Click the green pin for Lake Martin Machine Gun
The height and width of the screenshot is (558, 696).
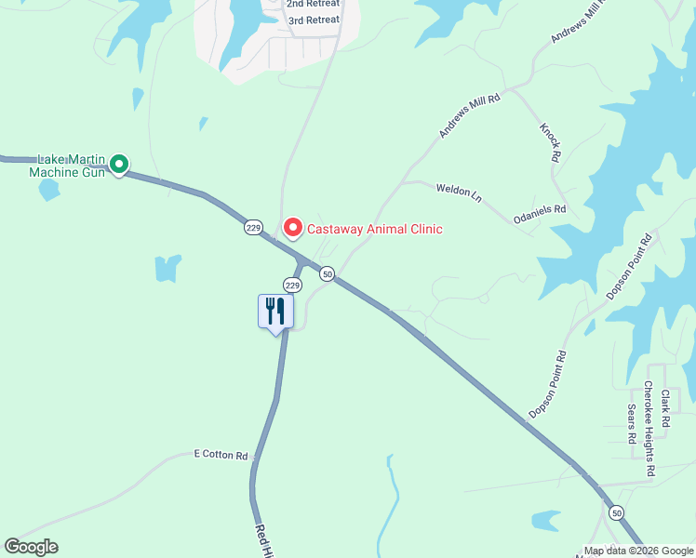118,165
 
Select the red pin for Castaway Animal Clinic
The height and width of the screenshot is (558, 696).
292,228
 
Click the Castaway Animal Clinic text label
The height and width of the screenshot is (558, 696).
374,229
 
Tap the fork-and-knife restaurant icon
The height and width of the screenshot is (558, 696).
275,311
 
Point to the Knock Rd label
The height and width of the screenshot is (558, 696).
550,139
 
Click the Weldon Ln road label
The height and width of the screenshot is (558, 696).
460,193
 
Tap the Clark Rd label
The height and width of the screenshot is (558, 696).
665,408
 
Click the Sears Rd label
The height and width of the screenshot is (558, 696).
631,423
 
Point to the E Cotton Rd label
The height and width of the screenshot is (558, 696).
221,456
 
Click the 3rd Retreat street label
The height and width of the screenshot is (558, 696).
313,20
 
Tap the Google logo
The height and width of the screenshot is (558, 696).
31,547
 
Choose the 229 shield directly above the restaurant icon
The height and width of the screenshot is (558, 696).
292,285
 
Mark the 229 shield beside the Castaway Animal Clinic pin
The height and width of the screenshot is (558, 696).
253,228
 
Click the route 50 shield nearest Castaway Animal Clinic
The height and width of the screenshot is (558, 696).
327,273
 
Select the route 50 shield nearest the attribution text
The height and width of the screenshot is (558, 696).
616,512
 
